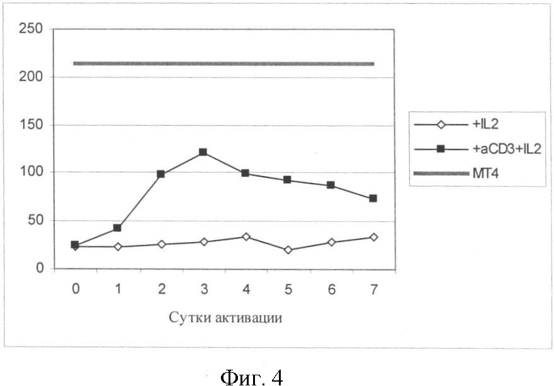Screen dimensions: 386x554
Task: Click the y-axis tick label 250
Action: [x=31, y=29]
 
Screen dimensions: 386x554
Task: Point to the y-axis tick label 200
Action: [x=31, y=77]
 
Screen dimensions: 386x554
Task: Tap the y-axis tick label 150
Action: [x=31, y=124]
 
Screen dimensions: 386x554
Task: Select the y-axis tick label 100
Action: [x=31, y=172]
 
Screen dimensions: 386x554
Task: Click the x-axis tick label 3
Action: [x=203, y=289]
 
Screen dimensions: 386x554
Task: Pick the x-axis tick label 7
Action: [x=374, y=289]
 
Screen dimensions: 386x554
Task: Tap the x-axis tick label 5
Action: [x=288, y=289]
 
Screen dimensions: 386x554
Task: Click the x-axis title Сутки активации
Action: [x=225, y=317]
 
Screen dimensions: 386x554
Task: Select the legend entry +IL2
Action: [x=485, y=124]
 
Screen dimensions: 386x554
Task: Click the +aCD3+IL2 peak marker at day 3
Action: [x=203, y=152]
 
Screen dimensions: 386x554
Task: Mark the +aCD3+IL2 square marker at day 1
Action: [x=117, y=228]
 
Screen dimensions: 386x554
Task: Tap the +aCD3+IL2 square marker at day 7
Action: [x=373, y=198]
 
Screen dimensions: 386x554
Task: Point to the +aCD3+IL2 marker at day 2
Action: [x=161, y=174]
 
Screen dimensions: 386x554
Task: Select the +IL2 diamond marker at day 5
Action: [x=288, y=250]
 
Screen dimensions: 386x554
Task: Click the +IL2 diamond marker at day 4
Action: [x=246, y=236]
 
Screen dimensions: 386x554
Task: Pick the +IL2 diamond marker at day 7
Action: [x=373, y=237]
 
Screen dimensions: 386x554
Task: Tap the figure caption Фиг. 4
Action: [x=251, y=377]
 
